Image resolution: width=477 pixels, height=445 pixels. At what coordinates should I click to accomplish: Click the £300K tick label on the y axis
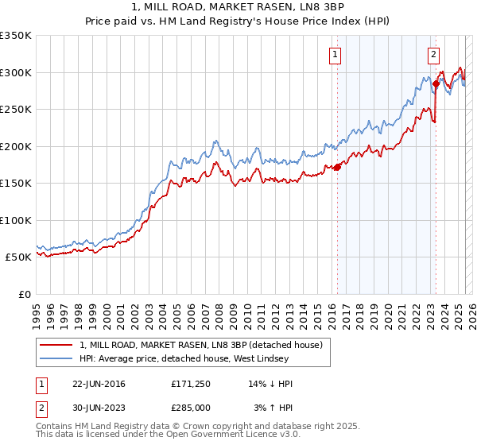click(16, 72)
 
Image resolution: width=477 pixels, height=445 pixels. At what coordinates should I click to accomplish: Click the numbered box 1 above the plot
click(335, 55)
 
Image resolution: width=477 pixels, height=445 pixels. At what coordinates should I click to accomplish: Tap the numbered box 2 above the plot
click(433, 55)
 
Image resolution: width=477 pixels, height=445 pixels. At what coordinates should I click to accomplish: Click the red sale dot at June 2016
click(337, 167)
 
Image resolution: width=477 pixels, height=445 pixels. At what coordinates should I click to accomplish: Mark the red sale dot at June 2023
click(436, 83)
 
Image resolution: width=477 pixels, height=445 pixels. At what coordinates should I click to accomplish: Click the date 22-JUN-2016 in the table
click(99, 384)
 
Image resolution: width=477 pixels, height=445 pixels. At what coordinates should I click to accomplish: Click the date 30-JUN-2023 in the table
click(99, 407)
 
